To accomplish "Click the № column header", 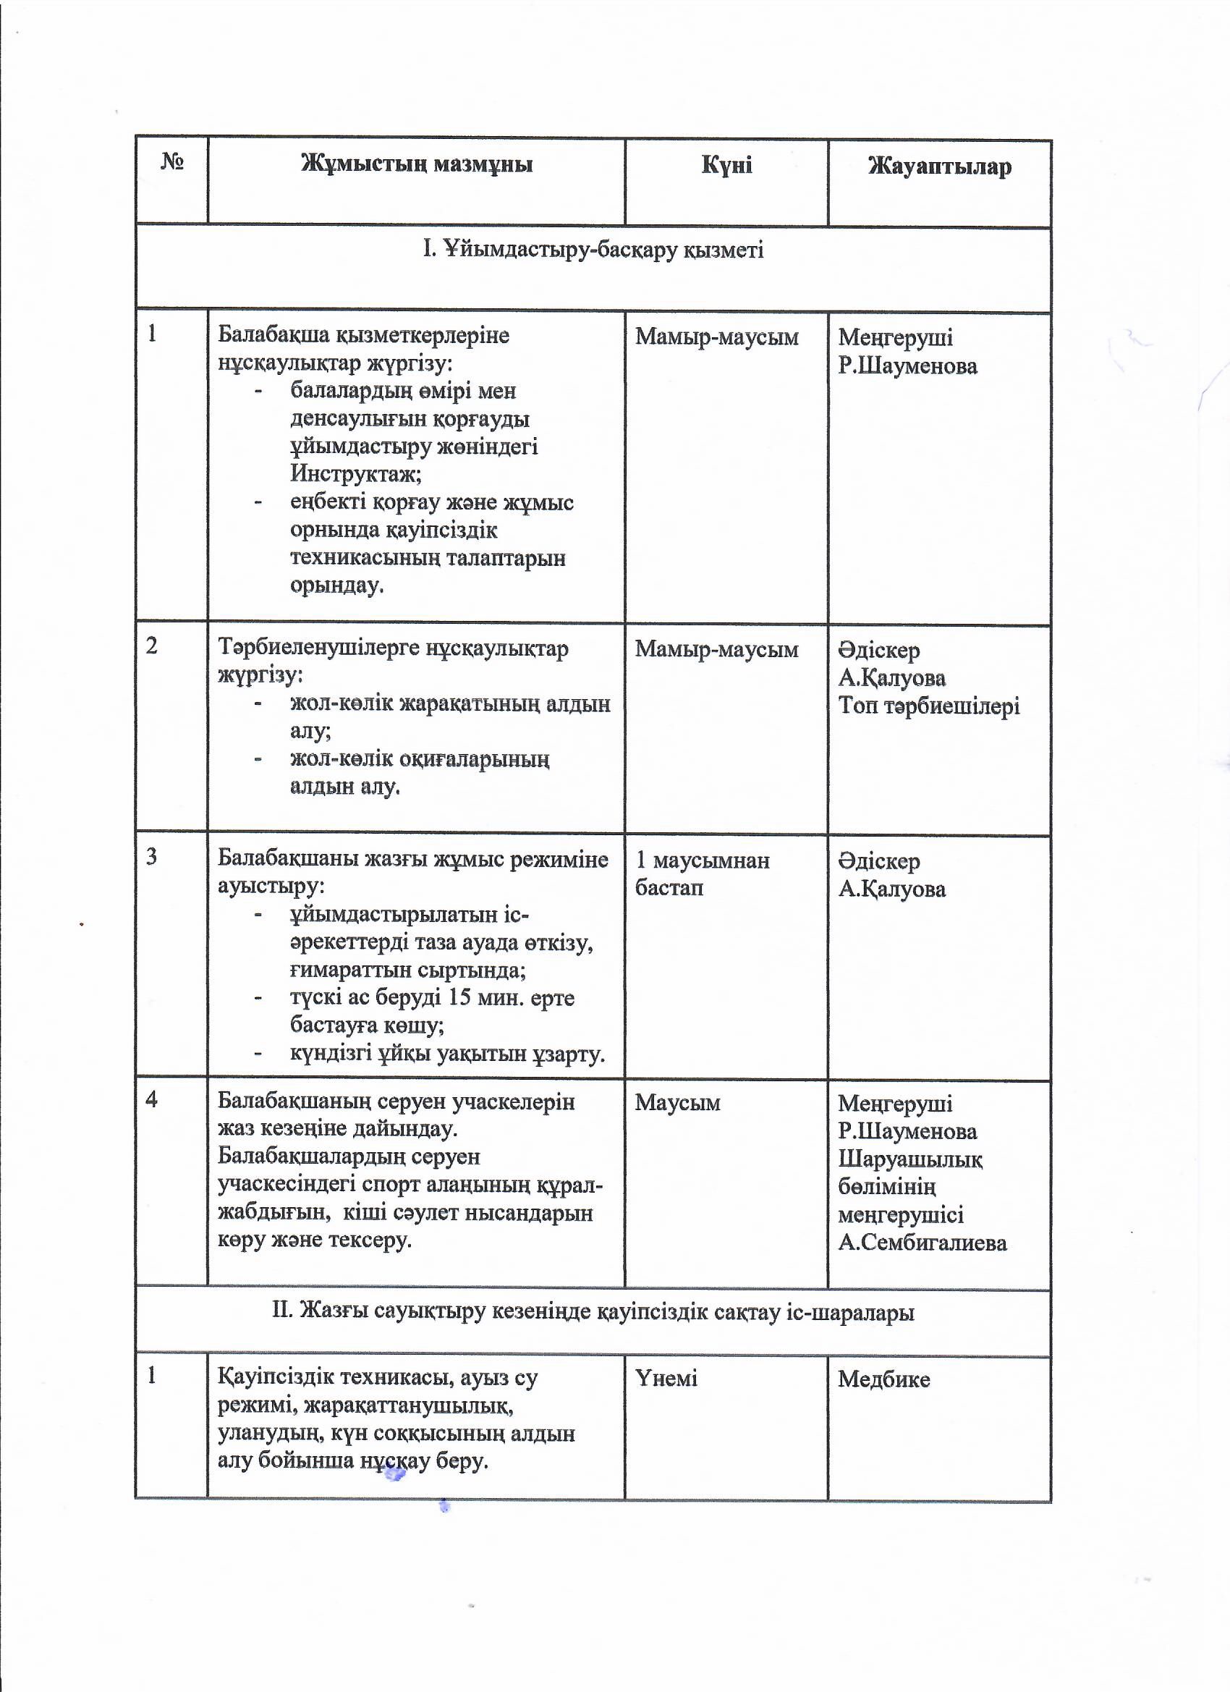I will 172,162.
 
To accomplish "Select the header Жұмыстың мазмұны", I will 416,164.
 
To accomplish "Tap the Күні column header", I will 726,165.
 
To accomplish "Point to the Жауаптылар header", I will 939,166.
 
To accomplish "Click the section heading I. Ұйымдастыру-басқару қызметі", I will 593,249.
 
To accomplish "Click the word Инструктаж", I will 355,474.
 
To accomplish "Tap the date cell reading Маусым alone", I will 677,1103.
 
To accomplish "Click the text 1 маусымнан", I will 702,860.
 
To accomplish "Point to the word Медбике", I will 884,1379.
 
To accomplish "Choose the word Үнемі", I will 666,1378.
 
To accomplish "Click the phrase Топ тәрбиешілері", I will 929,706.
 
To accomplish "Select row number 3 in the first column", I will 152,856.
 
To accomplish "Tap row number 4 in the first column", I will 152,1099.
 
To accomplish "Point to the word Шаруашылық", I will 910,1159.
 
